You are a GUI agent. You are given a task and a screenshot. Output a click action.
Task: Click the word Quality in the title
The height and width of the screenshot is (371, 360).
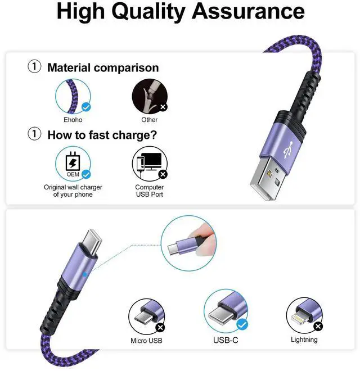pos(148,12)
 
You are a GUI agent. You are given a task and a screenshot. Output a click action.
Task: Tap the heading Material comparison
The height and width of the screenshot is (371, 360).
pos(103,67)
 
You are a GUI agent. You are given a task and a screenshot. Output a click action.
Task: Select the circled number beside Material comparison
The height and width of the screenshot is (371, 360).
pos(34,66)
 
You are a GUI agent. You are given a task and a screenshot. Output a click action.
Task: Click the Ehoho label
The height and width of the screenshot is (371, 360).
pos(73,120)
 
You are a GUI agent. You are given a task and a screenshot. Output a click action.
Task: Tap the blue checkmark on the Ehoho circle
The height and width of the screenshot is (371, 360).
pos(86,107)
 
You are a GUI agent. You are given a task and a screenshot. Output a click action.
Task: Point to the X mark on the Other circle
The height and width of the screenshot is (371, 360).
pos(163,107)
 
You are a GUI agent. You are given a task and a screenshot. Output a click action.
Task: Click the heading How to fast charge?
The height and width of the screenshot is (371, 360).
pos(102,135)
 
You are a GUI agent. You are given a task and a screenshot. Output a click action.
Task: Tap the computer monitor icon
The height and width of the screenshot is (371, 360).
pos(151,161)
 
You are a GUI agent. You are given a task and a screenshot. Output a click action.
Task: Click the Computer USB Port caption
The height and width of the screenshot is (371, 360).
pos(150,191)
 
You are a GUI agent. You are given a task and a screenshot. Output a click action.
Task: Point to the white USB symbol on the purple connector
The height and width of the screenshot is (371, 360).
pos(288,150)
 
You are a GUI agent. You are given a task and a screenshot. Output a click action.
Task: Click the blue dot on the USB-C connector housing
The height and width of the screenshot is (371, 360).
pos(85,274)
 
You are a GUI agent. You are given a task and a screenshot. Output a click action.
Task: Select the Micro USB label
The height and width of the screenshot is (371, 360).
pos(146,341)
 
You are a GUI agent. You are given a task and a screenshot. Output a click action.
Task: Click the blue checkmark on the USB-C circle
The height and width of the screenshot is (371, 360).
pos(242,324)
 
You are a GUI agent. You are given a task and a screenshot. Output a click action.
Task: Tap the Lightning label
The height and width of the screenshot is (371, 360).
pos(304,340)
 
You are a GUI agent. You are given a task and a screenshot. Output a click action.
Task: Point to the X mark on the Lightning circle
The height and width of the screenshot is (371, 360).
pos(318,327)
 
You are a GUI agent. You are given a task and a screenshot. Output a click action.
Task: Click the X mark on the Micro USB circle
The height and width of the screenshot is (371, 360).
pos(160,328)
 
